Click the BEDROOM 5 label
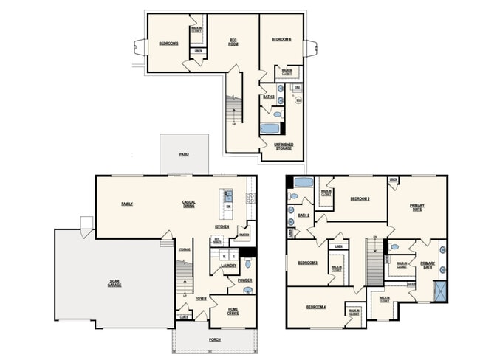point(168,44)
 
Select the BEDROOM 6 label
point(281,39)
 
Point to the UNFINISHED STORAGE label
point(283,146)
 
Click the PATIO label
point(184,155)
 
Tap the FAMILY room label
point(127,204)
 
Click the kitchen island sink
point(228,196)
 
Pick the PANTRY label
point(243,235)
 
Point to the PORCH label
point(214,339)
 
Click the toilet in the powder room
point(247,291)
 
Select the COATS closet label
point(182,317)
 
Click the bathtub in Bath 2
point(304,182)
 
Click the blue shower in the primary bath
point(440,290)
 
